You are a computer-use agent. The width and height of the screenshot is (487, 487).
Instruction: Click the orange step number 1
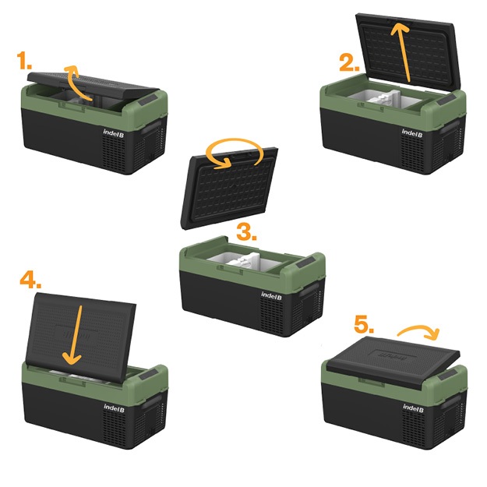point(24,61)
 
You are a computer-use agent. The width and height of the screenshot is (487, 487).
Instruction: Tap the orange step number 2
point(349,63)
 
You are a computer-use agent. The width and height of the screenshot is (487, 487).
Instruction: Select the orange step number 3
point(246,232)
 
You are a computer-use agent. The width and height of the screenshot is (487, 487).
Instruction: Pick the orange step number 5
point(364,325)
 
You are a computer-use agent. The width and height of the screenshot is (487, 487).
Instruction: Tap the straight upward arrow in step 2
point(404,52)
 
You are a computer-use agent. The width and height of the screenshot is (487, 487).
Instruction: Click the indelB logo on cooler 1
point(114,133)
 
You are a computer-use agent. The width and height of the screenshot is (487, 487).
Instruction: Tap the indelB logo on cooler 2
point(412,133)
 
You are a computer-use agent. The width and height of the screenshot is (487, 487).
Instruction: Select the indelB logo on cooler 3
point(271,295)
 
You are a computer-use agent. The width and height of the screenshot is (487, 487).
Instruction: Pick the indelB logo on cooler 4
point(114,408)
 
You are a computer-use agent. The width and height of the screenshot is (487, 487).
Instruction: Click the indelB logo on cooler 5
point(413,408)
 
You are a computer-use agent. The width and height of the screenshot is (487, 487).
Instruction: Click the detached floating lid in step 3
point(229,189)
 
